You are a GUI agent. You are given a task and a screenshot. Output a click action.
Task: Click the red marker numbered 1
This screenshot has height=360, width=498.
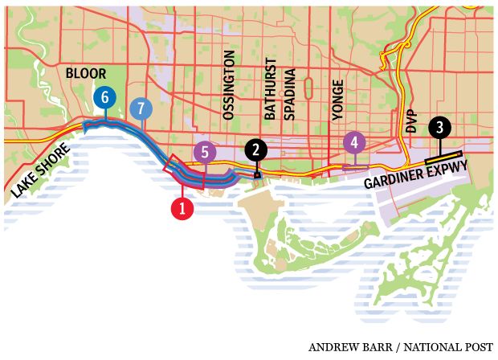(183, 209)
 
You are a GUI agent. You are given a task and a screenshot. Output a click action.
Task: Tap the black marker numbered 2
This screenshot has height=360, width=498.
(255, 149)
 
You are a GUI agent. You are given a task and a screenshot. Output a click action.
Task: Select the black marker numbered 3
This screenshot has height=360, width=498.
(439, 127)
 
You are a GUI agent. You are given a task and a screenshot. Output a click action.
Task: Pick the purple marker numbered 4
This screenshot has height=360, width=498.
(353, 143)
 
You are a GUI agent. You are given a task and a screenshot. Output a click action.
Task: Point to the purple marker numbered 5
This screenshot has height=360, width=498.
(205, 150)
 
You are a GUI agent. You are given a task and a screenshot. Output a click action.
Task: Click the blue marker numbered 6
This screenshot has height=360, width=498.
(103, 97)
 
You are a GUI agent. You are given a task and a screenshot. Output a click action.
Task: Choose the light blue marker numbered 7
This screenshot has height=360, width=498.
(141, 107)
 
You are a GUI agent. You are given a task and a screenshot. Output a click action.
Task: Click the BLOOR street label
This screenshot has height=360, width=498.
(86, 73)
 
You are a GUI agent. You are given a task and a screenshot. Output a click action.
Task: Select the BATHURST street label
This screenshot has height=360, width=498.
(270, 89)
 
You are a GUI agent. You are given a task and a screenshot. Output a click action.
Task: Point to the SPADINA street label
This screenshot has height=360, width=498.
(290, 94)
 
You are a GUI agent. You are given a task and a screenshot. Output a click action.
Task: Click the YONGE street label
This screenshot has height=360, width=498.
(338, 100)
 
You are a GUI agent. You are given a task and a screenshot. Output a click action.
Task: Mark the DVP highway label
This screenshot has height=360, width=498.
(411, 121)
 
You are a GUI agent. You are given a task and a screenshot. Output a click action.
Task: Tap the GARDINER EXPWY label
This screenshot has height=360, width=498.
(415, 178)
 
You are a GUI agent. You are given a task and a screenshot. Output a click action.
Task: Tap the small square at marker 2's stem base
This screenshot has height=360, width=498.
(256, 175)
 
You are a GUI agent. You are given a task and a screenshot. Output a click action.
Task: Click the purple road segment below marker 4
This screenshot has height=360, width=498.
(354, 166)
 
